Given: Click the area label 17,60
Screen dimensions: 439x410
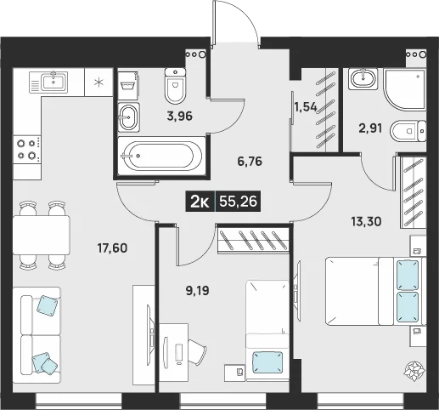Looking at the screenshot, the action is point(112,248).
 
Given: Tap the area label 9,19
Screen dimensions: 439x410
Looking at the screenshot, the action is point(198,291).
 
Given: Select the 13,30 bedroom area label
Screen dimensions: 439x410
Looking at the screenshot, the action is point(366,221).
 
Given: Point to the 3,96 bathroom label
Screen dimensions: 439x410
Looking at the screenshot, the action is point(180,116).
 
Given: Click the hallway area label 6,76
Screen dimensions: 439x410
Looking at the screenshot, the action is point(250,162).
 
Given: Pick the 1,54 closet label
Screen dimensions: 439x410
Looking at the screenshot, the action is point(306,107).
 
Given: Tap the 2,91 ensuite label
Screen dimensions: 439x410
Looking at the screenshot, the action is point(370,128).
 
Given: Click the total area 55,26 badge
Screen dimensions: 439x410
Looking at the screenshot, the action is point(239,202).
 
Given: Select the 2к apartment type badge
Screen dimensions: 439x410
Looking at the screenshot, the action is point(200,202).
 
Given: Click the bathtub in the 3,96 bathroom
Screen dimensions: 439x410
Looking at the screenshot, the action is point(161,156).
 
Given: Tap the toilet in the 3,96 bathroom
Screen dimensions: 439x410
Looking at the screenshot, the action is point(175,86).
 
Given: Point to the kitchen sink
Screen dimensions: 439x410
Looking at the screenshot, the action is point(48,83).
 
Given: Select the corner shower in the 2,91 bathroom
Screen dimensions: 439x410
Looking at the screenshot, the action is point(404,88).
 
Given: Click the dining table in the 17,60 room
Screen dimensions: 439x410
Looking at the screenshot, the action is point(42,235).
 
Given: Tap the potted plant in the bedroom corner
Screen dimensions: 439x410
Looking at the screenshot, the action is point(414,371).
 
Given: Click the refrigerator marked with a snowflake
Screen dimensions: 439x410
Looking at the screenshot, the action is point(98,83).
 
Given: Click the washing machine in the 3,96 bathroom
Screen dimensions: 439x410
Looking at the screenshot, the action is point(128,86).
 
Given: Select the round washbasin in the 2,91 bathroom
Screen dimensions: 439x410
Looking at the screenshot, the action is point(363,79).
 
